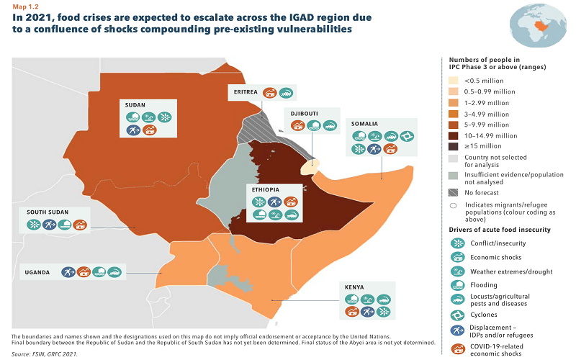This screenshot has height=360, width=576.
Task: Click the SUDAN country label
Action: coord(135,105)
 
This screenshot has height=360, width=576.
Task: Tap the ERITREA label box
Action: coord(243,93)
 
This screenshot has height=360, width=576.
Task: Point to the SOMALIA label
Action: coord(365,124)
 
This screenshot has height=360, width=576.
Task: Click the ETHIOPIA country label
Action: coord(264,189)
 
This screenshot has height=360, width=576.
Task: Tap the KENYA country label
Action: coord(354,287)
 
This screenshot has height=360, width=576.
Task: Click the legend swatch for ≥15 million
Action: coord(453,145)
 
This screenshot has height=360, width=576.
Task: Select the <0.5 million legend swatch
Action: coord(453,81)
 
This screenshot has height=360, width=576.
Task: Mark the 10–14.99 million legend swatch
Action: coord(453,135)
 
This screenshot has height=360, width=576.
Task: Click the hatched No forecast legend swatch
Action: coord(453,192)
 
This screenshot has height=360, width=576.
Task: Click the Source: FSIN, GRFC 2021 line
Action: coord(45,354)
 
